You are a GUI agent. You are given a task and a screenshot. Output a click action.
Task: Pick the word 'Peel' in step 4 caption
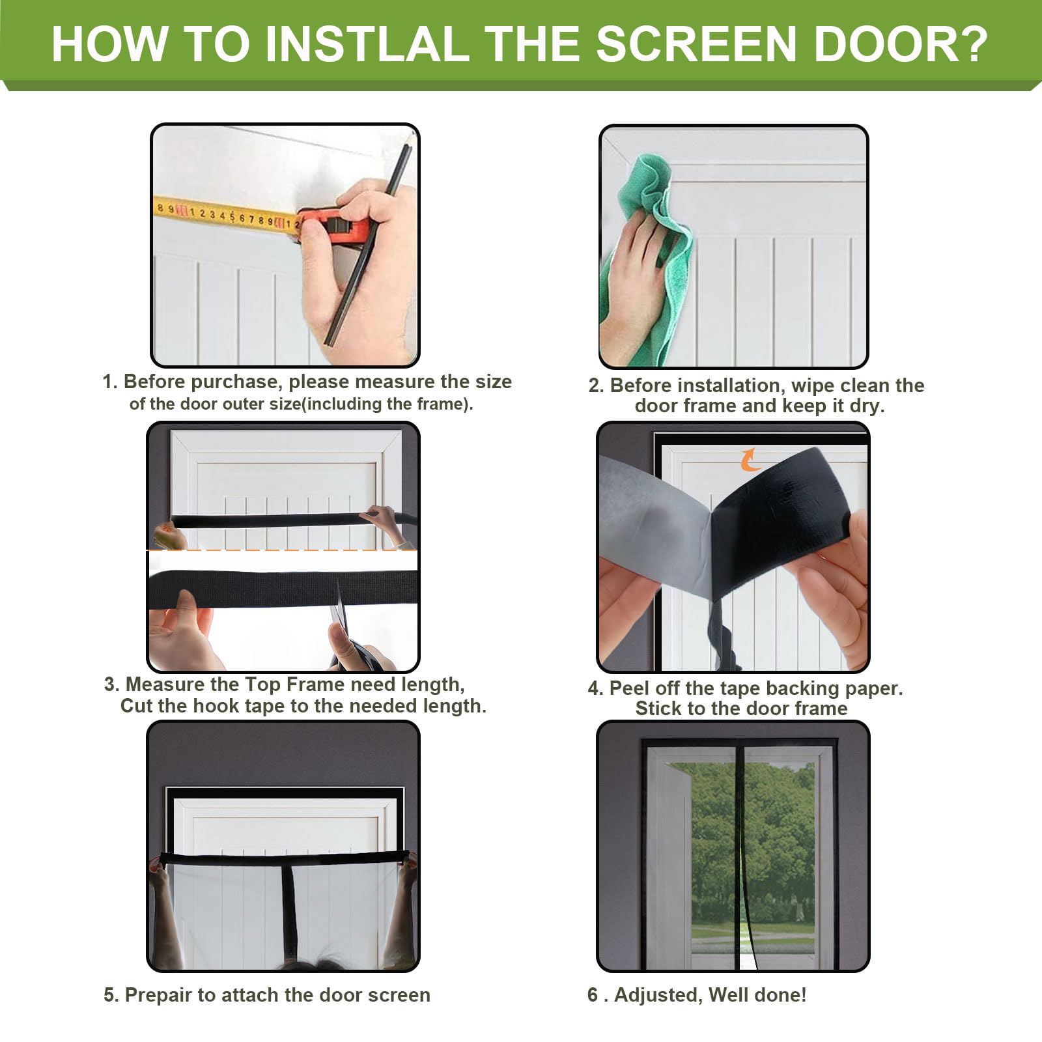click(630, 688)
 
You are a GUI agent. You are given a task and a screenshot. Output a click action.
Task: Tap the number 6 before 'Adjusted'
click(593, 994)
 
